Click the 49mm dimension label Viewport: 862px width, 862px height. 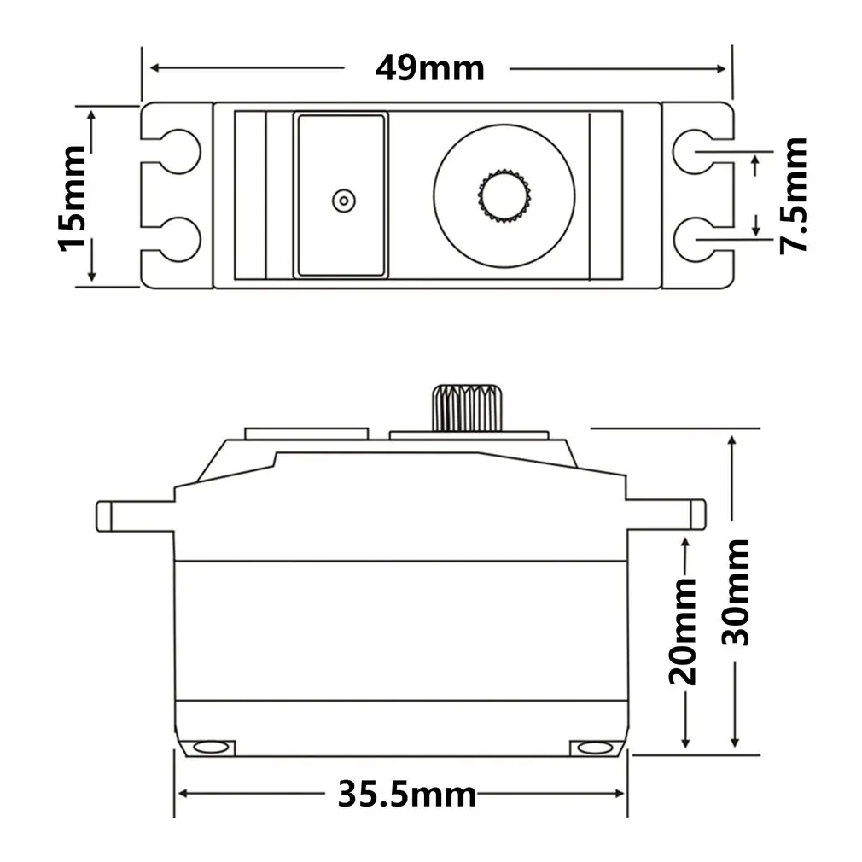click(429, 68)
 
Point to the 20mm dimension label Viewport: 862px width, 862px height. click(684, 631)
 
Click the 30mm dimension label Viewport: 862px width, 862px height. click(735, 591)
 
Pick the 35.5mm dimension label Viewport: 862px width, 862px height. click(406, 794)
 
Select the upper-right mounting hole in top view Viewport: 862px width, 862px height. click(693, 151)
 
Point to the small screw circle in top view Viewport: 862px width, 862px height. click(342, 201)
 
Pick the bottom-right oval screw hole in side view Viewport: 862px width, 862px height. click(591, 748)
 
